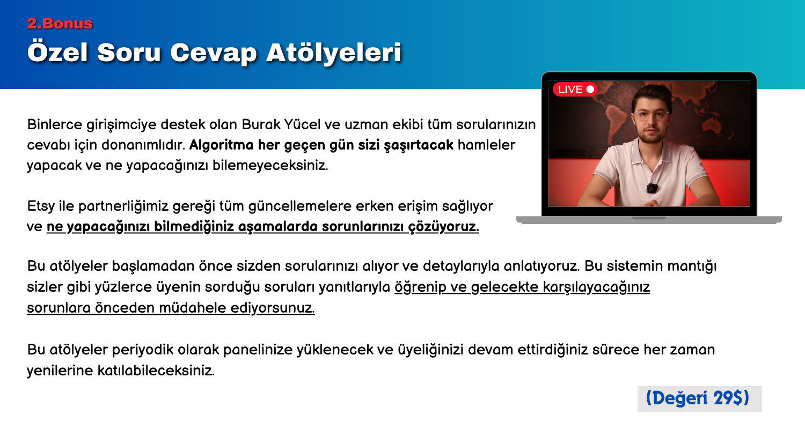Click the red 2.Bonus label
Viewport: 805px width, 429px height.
[60, 24]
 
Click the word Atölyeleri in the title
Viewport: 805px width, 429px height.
[333, 53]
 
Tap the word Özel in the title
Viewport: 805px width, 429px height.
[57, 53]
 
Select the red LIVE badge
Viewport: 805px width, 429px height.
[575, 89]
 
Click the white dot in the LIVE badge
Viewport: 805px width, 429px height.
[590, 89]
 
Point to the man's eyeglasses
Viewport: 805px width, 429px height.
[651, 116]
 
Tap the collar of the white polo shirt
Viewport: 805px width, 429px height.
[651, 151]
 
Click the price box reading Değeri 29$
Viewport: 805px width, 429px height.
[699, 398]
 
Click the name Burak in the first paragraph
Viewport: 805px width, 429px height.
[261, 124]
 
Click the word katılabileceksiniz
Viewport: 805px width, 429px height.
[156, 371]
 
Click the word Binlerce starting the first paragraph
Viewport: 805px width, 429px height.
[55, 124]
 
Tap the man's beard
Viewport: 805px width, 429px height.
[651, 136]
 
